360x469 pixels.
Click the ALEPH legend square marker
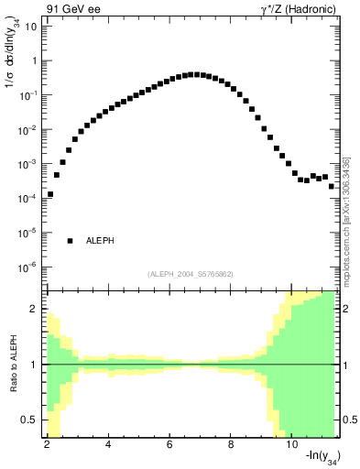tap(70, 241)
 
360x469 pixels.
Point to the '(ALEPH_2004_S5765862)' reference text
tap(190, 274)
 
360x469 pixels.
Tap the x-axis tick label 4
tap(108, 444)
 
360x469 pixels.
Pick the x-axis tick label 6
tap(169, 444)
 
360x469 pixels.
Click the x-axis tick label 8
tap(231, 444)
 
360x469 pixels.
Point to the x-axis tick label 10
tap(292, 444)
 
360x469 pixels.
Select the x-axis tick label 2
tap(47, 444)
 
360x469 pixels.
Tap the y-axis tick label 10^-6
tap(28, 267)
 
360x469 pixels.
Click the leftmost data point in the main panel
tap(50, 194)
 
